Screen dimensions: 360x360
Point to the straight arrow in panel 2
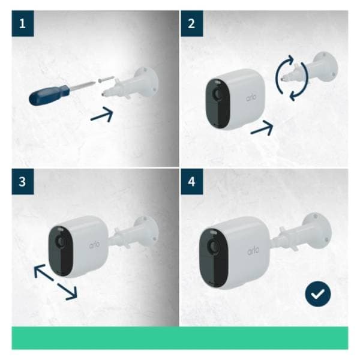(x=262, y=127)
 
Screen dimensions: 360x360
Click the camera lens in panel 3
(x=62, y=241)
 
